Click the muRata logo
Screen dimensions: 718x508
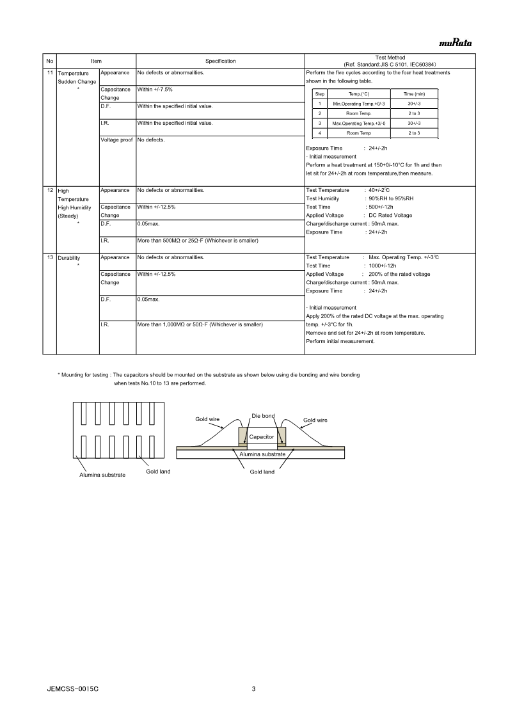(455, 44)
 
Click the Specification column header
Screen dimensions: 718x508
(220, 61)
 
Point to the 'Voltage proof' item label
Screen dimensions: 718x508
(116, 140)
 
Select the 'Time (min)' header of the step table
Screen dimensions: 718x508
(414, 94)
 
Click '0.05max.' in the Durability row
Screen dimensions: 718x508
(148, 299)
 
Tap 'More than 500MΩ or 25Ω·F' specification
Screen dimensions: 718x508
(202, 240)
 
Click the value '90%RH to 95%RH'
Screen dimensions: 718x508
(392, 199)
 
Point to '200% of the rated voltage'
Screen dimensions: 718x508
(399, 274)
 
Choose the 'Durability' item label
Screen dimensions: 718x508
(69, 258)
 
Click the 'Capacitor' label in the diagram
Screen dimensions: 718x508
(262, 436)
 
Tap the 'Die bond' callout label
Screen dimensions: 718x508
(263, 416)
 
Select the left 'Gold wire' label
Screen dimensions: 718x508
(207, 419)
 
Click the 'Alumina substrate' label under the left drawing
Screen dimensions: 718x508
(102, 475)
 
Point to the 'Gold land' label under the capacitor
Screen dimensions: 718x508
(262, 472)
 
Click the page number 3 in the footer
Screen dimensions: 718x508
(254, 689)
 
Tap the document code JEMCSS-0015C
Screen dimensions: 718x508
(72, 689)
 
